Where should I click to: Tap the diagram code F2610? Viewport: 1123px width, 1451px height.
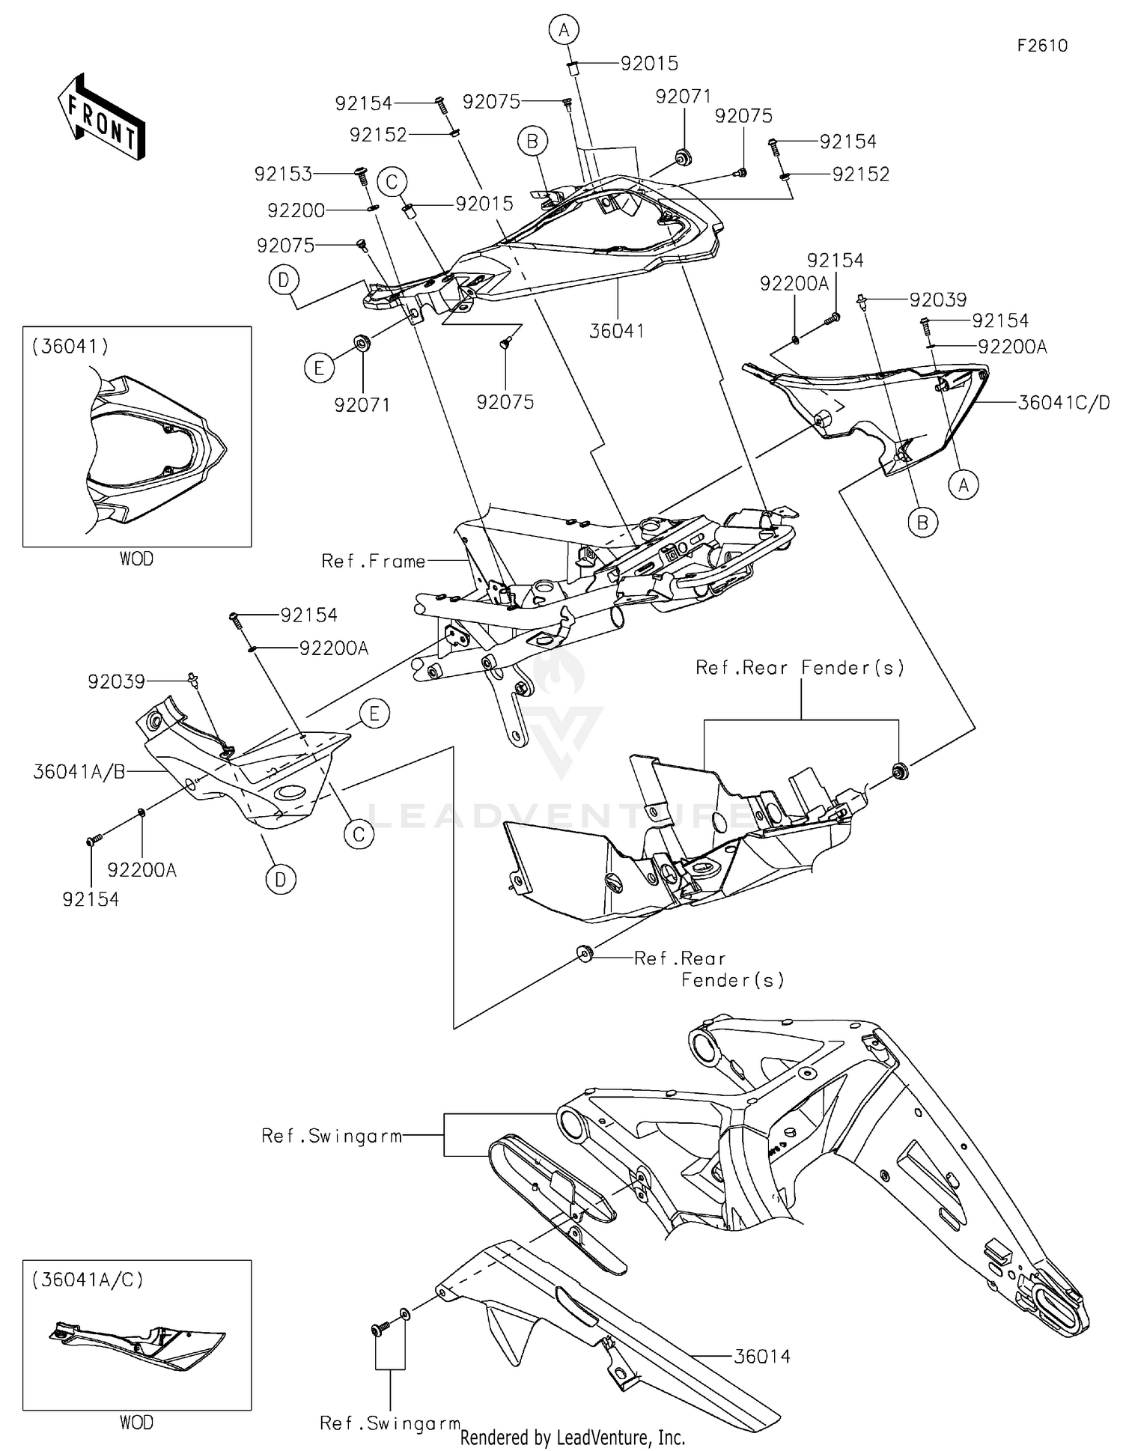pos(1042,46)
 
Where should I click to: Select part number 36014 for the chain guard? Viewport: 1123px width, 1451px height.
pos(761,1356)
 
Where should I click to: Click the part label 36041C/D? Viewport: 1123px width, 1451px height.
pos(1063,403)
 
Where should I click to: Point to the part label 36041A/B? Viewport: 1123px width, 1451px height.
pos(79,772)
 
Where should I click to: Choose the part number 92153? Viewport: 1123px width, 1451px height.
pos(282,174)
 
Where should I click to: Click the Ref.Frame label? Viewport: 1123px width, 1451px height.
pos(373,561)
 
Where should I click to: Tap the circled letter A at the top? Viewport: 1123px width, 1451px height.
pos(564,30)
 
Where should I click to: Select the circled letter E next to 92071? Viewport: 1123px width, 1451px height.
pos(319,368)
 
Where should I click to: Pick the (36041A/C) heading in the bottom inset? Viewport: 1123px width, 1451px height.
pos(87,1280)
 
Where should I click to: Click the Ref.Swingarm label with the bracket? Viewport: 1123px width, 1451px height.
pos(332,1136)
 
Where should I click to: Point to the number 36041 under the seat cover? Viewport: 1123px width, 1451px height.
pos(616,330)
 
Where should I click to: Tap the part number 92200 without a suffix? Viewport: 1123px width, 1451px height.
pos(296,210)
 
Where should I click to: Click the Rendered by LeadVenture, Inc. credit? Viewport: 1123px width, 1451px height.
pos(572,1438)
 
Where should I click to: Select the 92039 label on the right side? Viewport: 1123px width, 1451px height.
pos(938,299)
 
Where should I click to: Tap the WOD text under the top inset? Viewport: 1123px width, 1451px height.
pos(136,559)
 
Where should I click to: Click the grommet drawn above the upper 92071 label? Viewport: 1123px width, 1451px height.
pos(682,157)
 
